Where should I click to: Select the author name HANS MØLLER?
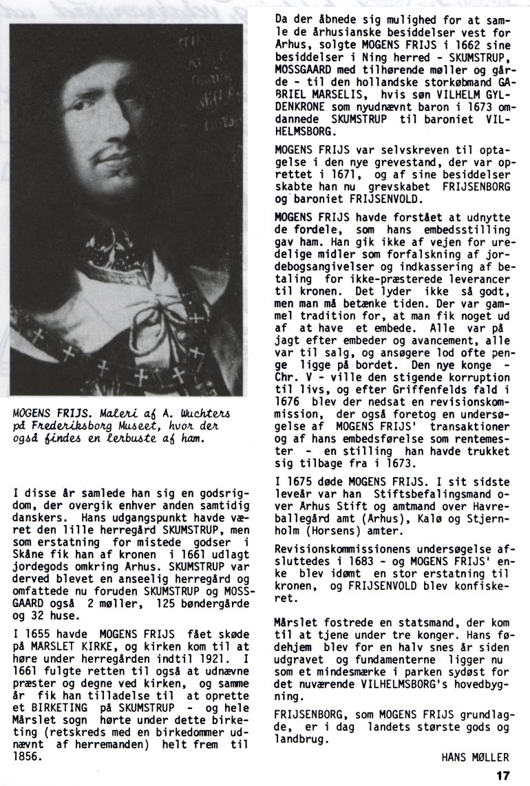[x=475, y=757]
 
